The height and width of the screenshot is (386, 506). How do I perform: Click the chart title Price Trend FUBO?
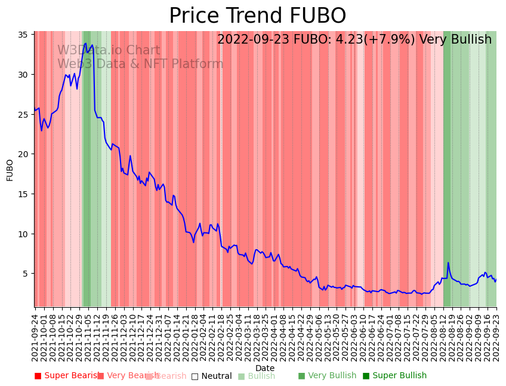(257, 16)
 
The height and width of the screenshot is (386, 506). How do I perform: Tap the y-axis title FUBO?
(10, 170)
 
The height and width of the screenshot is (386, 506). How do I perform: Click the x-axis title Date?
(265, 368)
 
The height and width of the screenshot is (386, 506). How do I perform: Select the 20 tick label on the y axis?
(24, 154)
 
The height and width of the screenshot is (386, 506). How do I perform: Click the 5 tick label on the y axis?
(27, 274)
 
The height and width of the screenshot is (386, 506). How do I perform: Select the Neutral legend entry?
(211, 376)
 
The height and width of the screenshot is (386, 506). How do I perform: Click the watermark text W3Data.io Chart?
(109, 51)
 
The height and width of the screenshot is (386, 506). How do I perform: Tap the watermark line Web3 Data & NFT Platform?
(140, 64)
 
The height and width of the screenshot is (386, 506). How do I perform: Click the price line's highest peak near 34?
(86, 43)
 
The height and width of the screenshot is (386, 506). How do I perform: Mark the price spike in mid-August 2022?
(448, 263)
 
